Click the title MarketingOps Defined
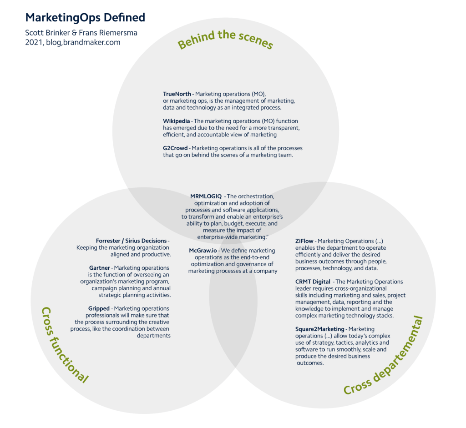tap(85, 18)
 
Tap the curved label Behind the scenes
tap(225, 40)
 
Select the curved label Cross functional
tap(64, 345)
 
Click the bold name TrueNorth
tap(177, 94)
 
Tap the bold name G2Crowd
tap(175, 148)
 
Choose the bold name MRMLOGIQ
tap(206, 196)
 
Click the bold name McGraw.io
tap(203, 251)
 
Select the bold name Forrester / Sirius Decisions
tap(131, 241)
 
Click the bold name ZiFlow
tap(305, 241)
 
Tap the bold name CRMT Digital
tap(313, 282)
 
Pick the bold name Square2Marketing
tap(320, 329)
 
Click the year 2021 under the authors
tap(34, 42)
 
